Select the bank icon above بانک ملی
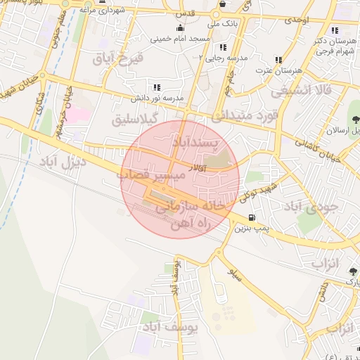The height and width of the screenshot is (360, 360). (222, 4)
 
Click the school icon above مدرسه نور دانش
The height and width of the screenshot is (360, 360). (155, 86)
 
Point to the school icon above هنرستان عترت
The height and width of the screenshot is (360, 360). (278, 60)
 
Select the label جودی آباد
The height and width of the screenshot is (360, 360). (311, 206)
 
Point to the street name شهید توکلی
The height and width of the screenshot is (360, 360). (259, 188)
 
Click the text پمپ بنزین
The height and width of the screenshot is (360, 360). (251, 229)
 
